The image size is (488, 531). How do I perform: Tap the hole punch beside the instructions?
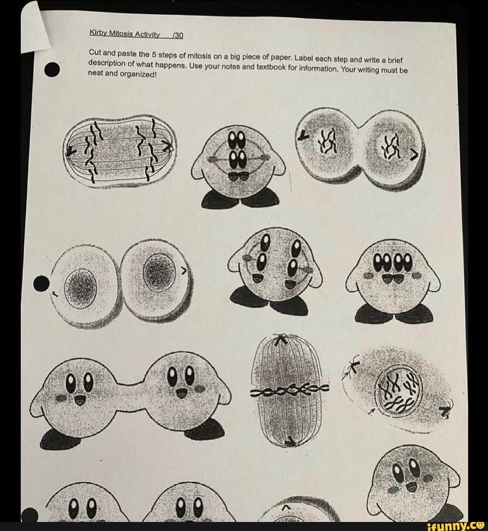(52, 70)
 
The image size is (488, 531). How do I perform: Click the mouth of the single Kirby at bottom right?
(411, 486)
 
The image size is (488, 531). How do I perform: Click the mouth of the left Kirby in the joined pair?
(80, 400)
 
